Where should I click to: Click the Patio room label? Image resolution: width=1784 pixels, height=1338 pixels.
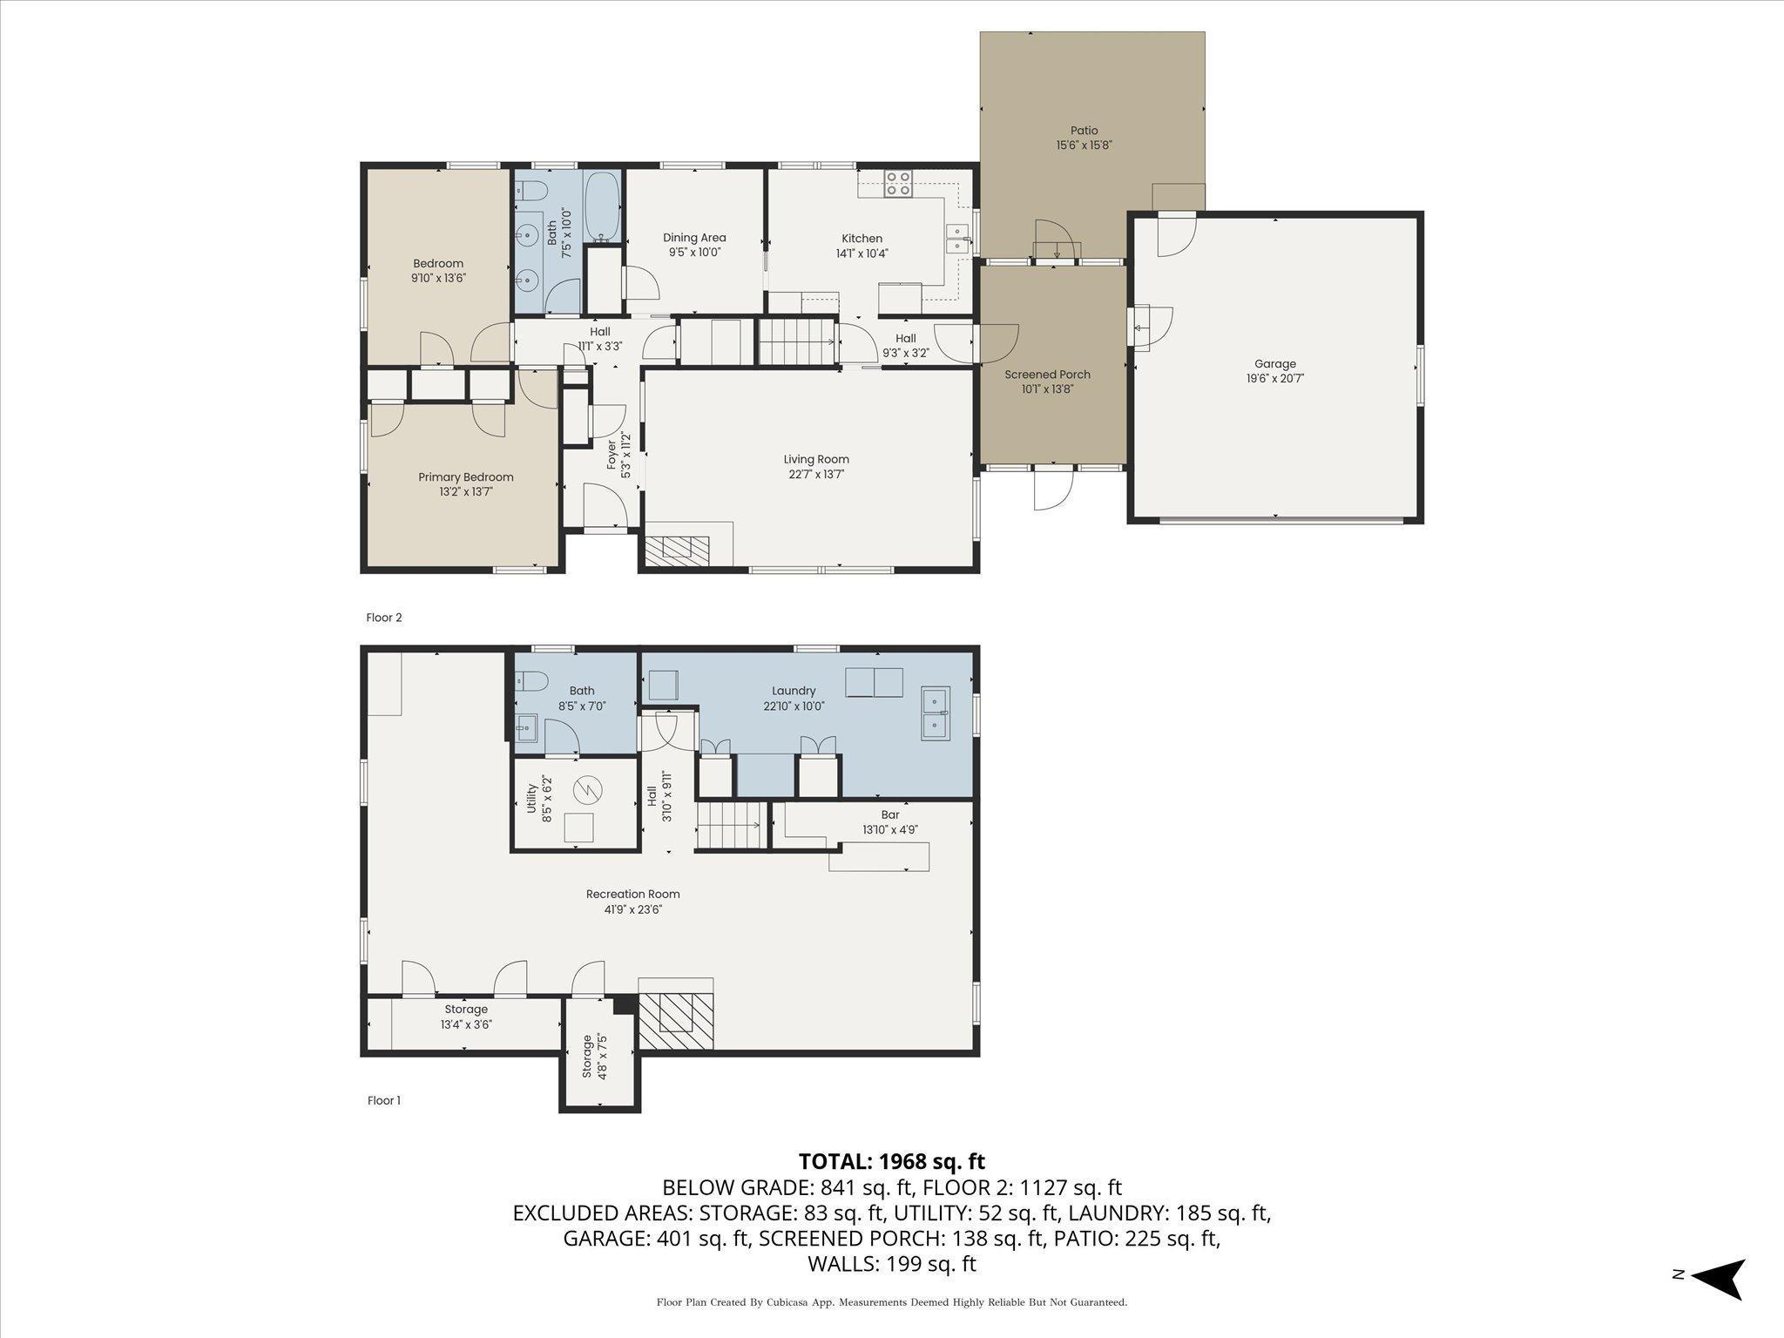1084,131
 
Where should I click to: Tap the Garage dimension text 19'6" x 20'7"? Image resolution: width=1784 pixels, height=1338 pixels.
1275,379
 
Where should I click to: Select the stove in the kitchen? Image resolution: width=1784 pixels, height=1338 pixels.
898,183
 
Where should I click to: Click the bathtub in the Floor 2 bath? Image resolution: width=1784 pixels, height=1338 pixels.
602,207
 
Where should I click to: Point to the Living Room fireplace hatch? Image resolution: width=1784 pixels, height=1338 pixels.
677,546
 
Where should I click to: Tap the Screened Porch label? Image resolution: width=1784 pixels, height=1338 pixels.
1047,375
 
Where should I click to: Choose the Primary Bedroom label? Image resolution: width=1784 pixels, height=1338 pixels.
466,477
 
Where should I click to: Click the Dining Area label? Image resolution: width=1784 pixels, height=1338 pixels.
694,238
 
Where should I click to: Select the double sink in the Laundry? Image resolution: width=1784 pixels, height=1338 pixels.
936,713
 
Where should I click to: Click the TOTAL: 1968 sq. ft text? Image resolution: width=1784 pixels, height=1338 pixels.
892,1161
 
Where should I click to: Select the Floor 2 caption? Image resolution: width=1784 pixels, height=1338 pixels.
384,618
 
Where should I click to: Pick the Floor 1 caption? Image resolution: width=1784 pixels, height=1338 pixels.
384,1100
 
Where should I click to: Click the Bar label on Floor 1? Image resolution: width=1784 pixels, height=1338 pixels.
890,815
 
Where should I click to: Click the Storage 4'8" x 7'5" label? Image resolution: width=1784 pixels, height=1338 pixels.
594,1057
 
